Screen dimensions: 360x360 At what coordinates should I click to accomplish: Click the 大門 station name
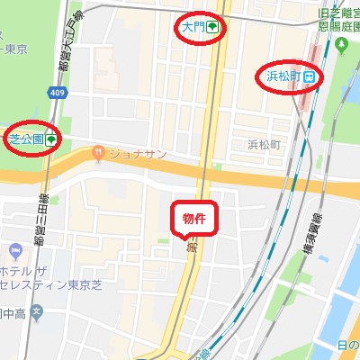click(193, 28)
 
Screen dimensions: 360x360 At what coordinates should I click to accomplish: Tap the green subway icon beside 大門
click(211, 28)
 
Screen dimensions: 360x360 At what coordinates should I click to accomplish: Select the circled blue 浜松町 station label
click(280, 76)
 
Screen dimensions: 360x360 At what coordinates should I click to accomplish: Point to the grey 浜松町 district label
click(265, 144)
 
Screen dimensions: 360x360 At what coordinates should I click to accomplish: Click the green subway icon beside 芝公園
click(50, 139)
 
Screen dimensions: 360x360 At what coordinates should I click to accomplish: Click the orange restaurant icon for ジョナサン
click(97, 155)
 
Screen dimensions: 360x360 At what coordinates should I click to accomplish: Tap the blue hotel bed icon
click(13, 248)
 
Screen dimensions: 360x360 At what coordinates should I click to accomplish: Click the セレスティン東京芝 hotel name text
click(45, 286)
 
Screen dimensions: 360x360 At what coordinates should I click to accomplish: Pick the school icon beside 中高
click(36, 312)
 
